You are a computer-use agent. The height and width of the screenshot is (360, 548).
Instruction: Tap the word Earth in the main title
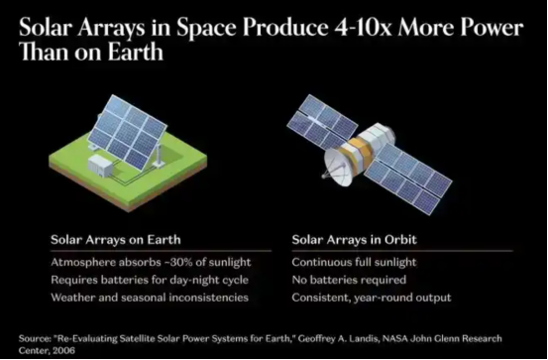135,53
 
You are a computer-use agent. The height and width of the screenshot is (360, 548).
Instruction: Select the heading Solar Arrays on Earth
116,240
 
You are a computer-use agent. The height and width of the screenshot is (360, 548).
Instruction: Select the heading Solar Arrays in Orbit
355,240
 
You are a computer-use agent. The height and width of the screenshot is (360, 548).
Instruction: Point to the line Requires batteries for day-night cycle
150,280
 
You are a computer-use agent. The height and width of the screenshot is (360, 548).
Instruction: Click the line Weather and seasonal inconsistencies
150,298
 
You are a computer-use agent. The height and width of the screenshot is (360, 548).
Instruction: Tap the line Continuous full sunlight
354,263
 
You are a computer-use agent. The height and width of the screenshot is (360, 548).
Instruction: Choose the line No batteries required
349,280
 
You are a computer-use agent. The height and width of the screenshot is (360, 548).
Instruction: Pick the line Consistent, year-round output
372,298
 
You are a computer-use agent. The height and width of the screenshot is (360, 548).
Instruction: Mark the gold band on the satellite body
357,151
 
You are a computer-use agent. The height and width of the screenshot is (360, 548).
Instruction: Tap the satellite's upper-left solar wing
322,121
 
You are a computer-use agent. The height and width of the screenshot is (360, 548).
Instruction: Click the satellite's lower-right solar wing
408,179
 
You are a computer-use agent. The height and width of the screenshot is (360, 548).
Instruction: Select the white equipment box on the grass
100,166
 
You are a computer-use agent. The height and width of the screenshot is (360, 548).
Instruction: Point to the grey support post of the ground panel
159,155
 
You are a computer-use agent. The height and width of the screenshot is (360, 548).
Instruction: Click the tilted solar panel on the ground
127,132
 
